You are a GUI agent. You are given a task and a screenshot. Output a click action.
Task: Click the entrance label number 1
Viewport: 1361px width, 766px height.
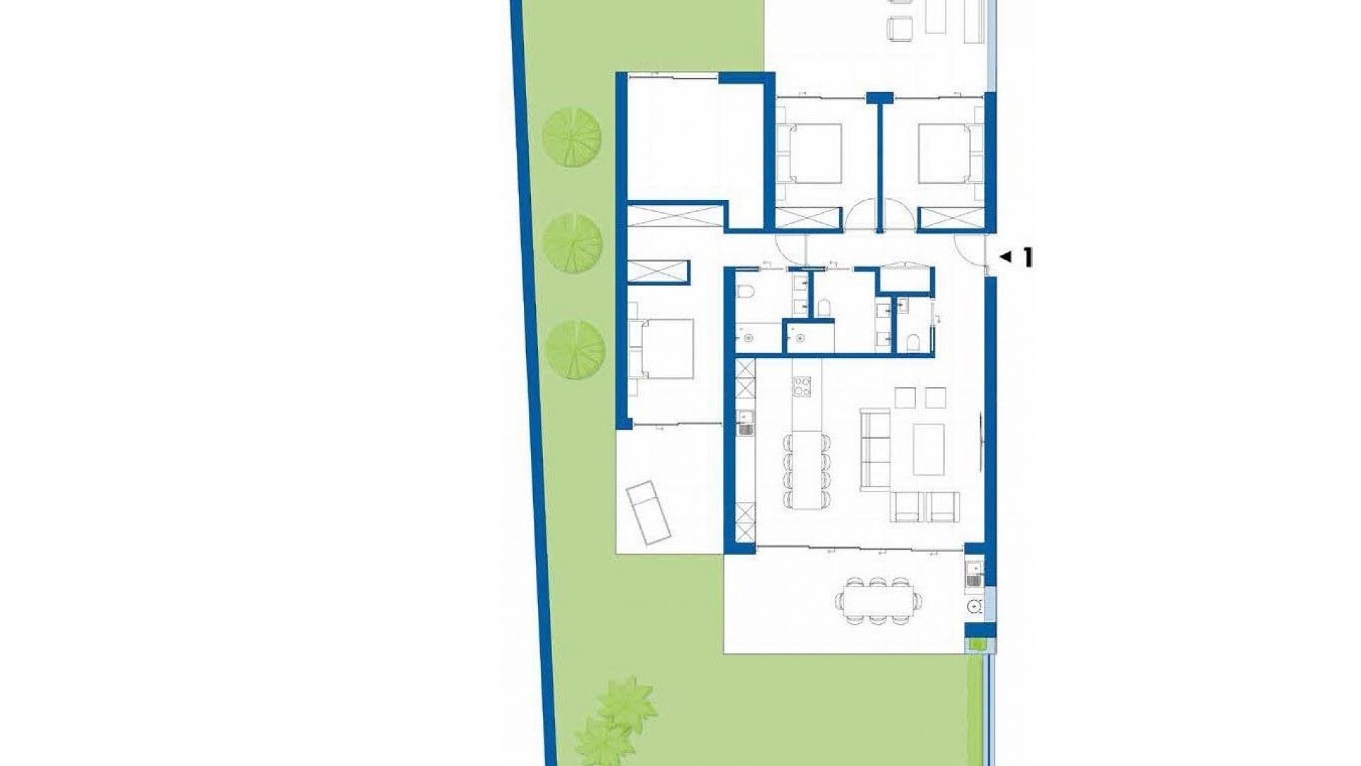coord(1027,258)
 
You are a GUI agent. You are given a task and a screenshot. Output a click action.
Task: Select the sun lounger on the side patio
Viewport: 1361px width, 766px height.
coord(150,512)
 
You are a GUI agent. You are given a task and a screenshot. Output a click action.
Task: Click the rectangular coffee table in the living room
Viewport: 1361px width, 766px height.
coord(929,449)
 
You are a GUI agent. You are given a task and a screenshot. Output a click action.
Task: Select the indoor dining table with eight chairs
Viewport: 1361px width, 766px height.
coord(806,470)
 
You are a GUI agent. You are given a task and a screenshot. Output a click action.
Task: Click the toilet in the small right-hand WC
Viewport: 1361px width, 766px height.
coord(913,344)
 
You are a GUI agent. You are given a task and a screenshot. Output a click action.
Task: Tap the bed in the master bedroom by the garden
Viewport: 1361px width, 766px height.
coord(665,348)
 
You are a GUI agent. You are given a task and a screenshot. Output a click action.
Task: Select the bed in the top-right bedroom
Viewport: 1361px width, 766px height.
coord(944,152)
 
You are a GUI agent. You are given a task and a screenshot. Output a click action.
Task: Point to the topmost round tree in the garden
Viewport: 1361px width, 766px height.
coord(571,137)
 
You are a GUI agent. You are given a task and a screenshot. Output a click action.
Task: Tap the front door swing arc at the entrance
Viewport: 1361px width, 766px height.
coord(968,248)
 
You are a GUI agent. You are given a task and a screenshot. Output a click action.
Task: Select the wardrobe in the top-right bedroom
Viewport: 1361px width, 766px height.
coord(951,218)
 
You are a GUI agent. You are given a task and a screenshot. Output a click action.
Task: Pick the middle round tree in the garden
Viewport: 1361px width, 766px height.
coord(572,242)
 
